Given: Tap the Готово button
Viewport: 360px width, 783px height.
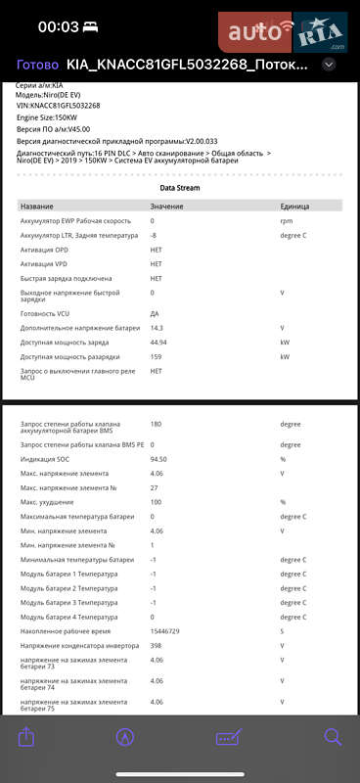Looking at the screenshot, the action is [x=37, y=65].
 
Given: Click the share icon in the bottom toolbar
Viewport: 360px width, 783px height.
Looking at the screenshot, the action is [x=26, y=737].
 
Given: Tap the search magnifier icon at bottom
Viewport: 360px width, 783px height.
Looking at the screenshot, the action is [x=333, y=737].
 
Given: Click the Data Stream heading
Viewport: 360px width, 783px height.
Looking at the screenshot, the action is [x=180, y=186].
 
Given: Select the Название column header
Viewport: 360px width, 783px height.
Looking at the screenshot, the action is [x=37, y=207].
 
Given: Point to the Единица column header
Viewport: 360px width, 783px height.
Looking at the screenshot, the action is [x=294, y=207].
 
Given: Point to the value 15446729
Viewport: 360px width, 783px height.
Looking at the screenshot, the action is [x=166, y=631].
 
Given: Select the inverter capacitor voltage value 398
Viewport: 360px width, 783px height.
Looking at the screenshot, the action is [x=156, y=645].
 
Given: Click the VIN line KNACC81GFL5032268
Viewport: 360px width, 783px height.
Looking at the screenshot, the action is [x=59, y=105].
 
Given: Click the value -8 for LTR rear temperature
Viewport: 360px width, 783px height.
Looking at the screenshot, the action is [x=154, y=236].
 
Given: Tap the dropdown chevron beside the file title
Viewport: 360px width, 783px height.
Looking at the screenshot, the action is [x=329, y=65].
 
